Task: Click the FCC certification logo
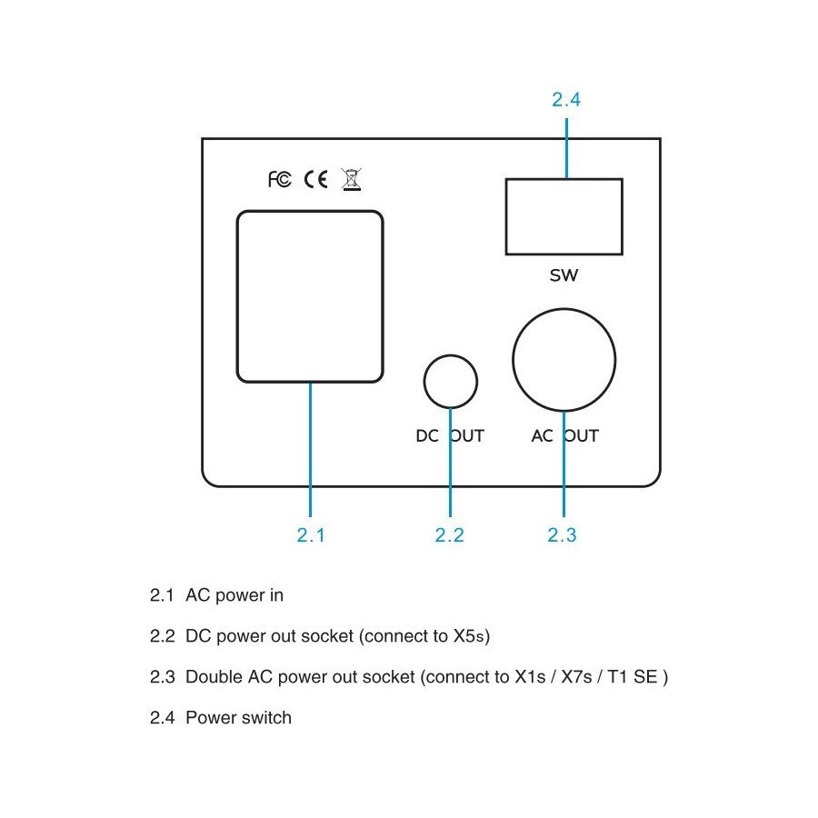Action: pyautogui.click(x=280, y=179)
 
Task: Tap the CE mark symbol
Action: pyautogui.click(x=315, y=179)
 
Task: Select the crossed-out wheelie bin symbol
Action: pyautogui.click(x=351, y=179)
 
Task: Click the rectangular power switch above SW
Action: pyautogui.click(x=564, y=179)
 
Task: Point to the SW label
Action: pyautogui.click(x=564, y=275)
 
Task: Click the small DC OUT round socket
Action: pyautogui.click(x=451, y=355)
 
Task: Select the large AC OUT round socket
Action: pyautogui.click(x=564, y=309)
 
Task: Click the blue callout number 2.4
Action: pyautogui.click(x=566, y=99)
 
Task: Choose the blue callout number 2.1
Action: pyautogui.click(x=311, y=534)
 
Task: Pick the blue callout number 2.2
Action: pyautogui.click(x=449, y=534)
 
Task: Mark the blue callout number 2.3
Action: pyautogui.click(x=562, y=534)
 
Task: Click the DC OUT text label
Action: pyautogui.click(x=450, y=435)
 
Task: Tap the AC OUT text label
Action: pyautogui.click(x=565, y=435)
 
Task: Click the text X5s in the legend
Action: pyautogui.click(x=470, y=636)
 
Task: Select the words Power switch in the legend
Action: pyautogui.click(x=238, y=718)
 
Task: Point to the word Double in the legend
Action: pyautogui.click(x=214, y=676)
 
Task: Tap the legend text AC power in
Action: pyautogui.click(x=234, y=595)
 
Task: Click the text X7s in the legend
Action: pyautogui.click(x=576, y=676)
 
